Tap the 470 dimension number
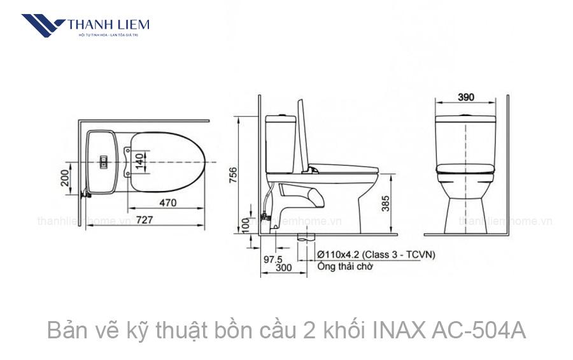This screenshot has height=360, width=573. [x=167, y=203]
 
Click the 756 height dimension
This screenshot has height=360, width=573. [x=233, y=175]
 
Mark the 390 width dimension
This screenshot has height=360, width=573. [x=466, y=97]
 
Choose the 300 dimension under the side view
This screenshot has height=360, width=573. [x=283, y=268]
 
